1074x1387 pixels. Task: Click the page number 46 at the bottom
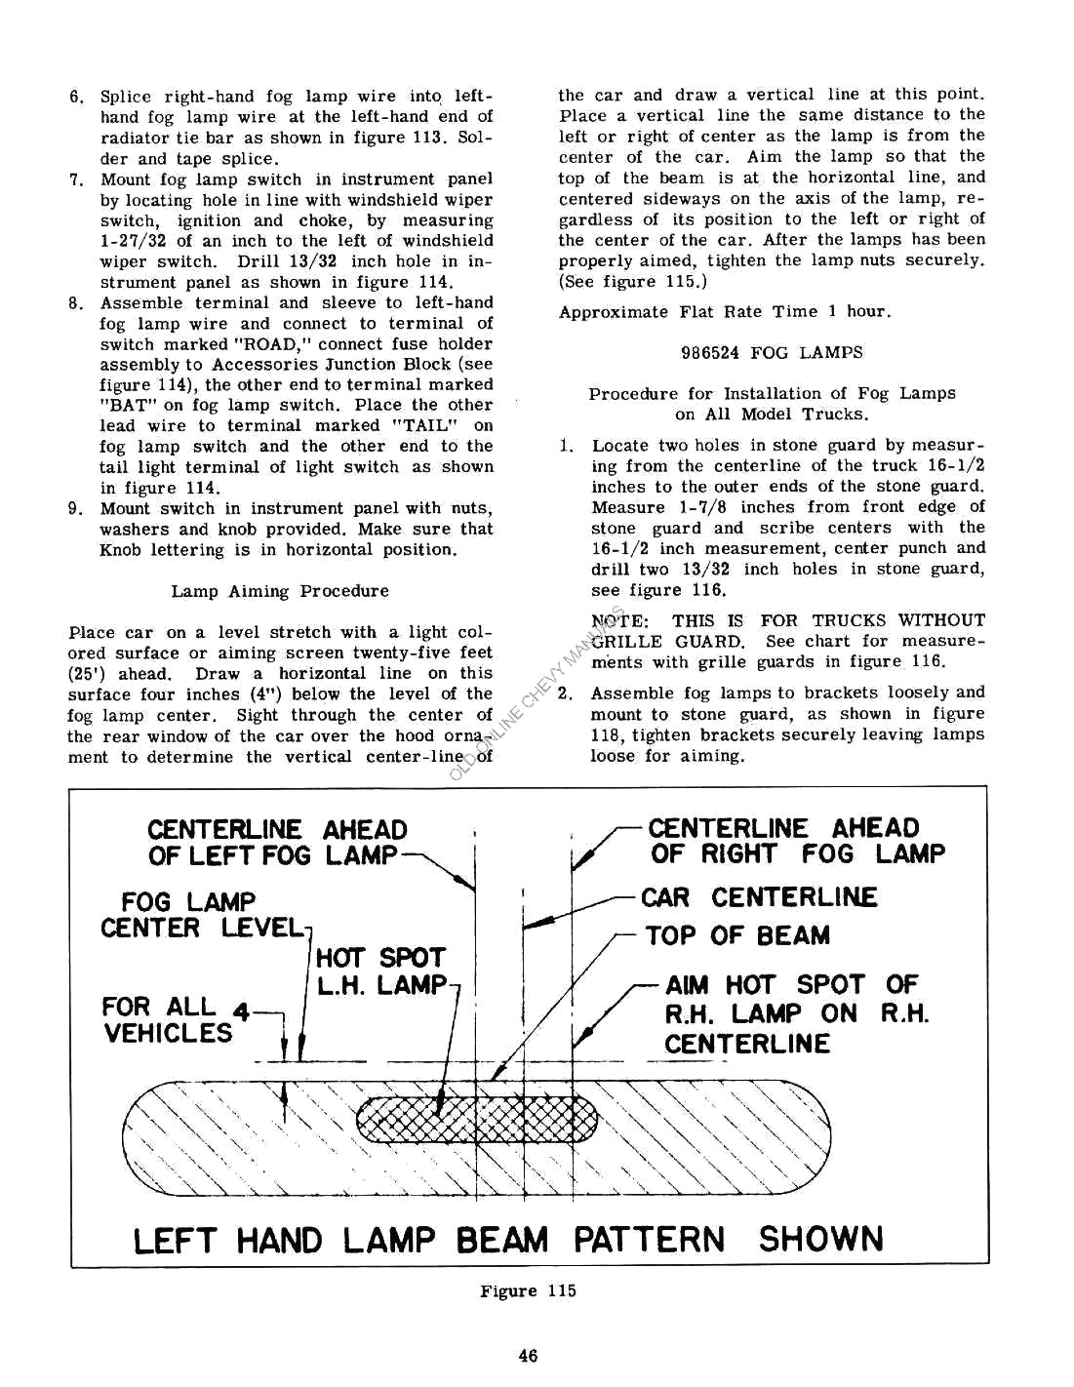528,1355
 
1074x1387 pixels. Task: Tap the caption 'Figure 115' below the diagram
528,1290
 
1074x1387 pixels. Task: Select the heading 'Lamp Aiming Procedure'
279,591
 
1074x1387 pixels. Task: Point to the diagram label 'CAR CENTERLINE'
758,897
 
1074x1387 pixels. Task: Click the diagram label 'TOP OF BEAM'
737,935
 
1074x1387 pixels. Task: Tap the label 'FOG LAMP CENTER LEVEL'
200,915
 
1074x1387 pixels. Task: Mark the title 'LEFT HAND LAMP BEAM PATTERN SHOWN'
507,1240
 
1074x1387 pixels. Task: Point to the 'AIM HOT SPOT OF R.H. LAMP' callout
796,1013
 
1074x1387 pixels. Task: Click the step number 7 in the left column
75,179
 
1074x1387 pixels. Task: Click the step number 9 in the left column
75,509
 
